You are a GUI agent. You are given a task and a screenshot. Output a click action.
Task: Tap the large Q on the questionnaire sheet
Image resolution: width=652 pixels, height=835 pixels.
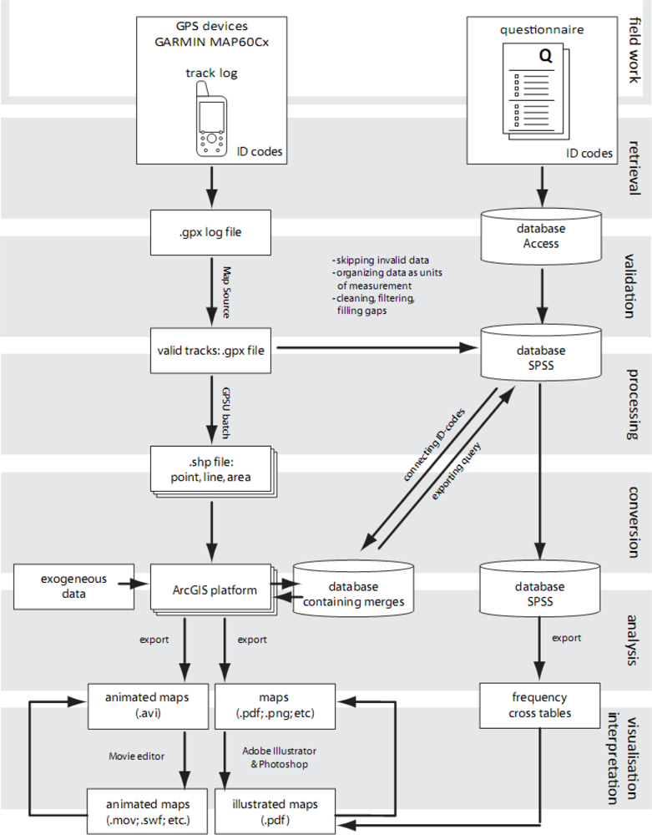545,58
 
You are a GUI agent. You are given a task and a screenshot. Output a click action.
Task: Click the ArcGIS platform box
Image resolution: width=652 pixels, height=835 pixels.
210,589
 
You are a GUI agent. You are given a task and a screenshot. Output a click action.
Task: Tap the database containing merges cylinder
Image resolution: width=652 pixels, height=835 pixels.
354,592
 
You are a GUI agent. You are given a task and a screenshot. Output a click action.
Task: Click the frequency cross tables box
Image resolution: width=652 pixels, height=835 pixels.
540,704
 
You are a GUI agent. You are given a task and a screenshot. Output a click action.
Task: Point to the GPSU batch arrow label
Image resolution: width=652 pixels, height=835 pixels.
225,412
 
